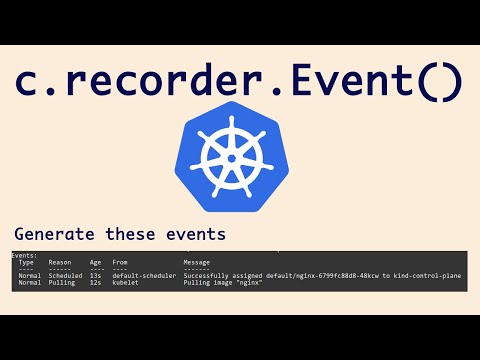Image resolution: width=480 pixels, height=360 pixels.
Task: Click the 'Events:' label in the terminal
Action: [24, 256]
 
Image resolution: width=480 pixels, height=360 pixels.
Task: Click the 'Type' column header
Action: [26, 263]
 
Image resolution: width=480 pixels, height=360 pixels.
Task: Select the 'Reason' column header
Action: [59, 263]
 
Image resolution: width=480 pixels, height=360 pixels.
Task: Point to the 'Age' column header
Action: [96, 263]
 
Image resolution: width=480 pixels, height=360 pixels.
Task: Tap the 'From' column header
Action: [120, 263]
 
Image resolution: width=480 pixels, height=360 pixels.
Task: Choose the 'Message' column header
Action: [197, 263]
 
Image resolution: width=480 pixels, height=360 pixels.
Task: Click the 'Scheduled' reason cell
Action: [66, 275]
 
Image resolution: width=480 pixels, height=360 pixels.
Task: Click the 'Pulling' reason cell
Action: [61, 283]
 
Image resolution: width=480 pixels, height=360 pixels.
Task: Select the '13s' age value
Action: [96, 275]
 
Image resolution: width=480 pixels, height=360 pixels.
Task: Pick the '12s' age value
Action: [96, 283]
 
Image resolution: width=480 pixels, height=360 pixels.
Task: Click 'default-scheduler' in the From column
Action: [144, 275]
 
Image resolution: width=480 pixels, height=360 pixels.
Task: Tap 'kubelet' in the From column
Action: [125, 283]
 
